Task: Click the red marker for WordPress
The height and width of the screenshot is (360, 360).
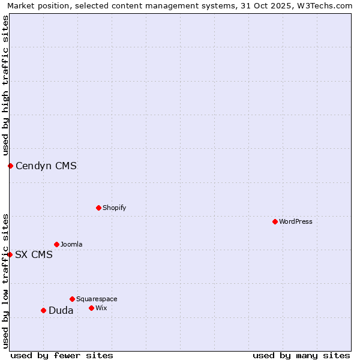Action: tap(275, 221)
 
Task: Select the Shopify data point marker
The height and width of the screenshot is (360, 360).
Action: tap(98, 208)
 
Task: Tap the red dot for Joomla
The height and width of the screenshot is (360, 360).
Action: tap(56, 244)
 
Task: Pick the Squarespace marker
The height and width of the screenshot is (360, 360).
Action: tap(72, 299)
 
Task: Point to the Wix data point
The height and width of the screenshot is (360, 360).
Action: tap(91, 308)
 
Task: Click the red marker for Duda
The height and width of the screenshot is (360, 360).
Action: tap(43, 310)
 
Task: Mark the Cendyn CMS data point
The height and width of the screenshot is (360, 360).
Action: tap(10, 166)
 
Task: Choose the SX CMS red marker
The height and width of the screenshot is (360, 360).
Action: tap(10, 254)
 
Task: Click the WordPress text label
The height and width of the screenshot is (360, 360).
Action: tap(296, 221)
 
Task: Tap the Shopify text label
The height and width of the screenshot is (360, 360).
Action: tap(114, 208)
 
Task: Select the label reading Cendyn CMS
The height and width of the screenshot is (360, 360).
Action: tap(46, 166)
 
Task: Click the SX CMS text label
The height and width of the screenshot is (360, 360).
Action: tap(34, 255)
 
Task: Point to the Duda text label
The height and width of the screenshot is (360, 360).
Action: tap(61, 311)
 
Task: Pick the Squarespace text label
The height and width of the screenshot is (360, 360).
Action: tap(97, 299)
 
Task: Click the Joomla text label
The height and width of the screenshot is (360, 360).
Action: tap(71, 244)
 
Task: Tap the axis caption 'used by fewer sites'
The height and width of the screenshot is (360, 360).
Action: tap(62, 355)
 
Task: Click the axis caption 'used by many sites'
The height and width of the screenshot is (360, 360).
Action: tap(301, 355)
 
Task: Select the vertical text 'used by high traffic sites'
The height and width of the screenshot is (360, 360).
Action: tap(5, 85)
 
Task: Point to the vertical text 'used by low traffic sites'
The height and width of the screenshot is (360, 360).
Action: tap(5, 280)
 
